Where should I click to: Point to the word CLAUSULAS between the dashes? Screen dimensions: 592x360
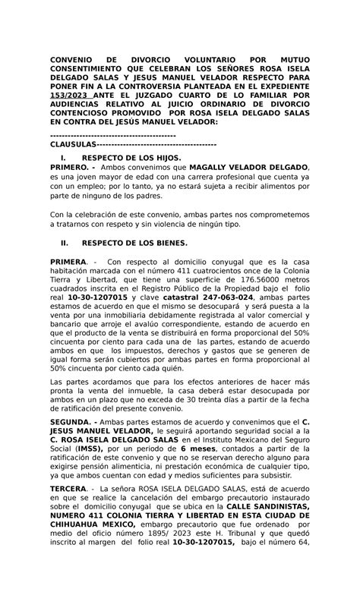point(73,144)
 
